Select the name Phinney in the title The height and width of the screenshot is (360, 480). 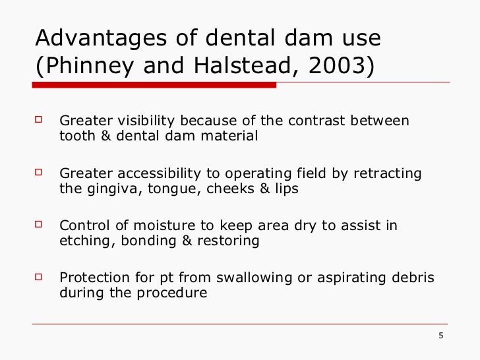[86, 67]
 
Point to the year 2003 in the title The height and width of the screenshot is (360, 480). [336, 67]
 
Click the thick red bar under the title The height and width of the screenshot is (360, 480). [155, 84]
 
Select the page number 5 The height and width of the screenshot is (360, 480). [440, 337]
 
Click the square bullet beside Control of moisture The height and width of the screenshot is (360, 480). [39, 225]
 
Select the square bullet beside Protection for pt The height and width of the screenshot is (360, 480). [39, 277]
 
